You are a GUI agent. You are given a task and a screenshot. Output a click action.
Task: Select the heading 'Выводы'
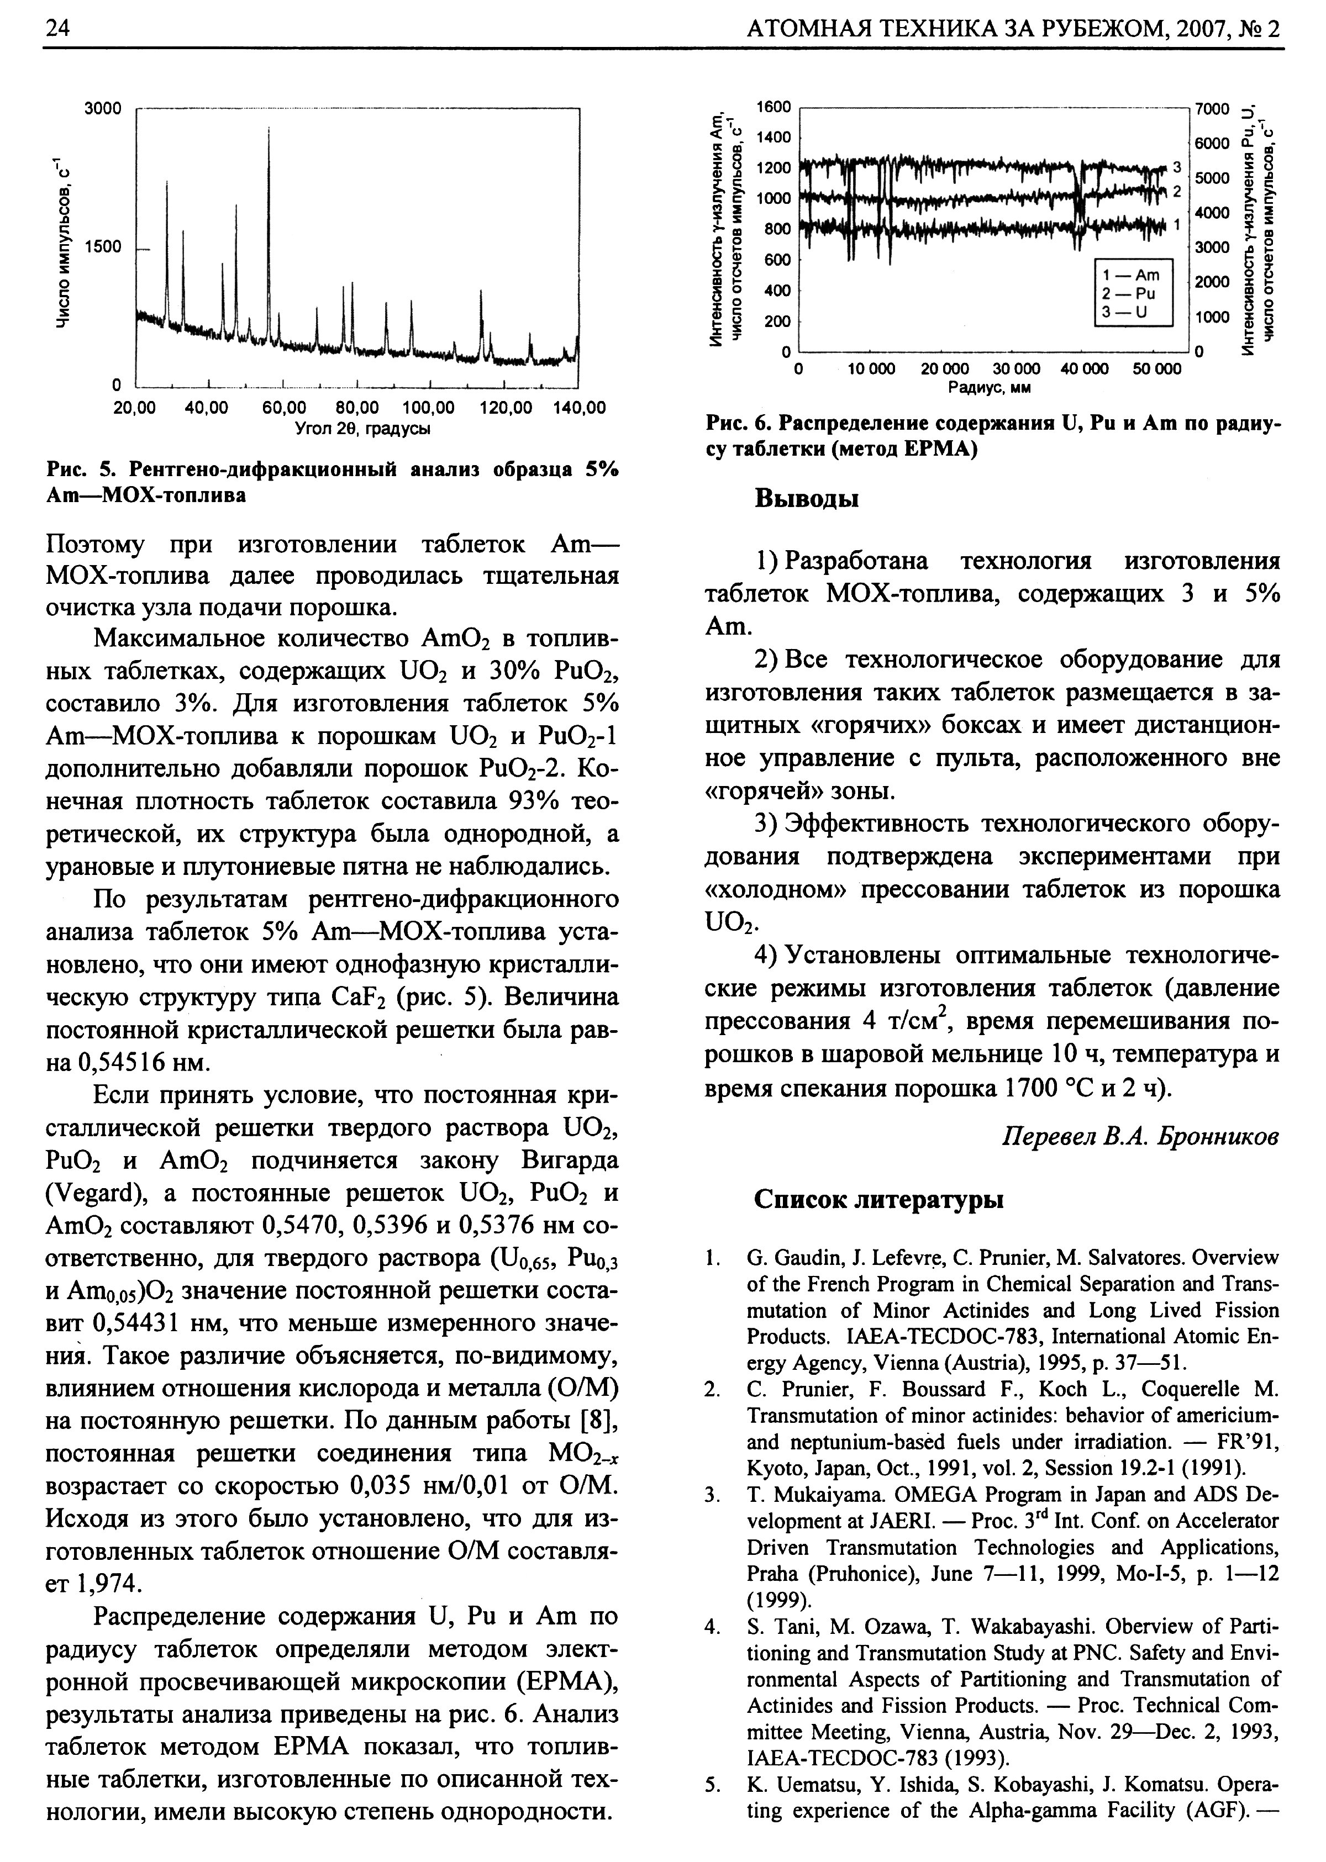click(806, 498)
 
